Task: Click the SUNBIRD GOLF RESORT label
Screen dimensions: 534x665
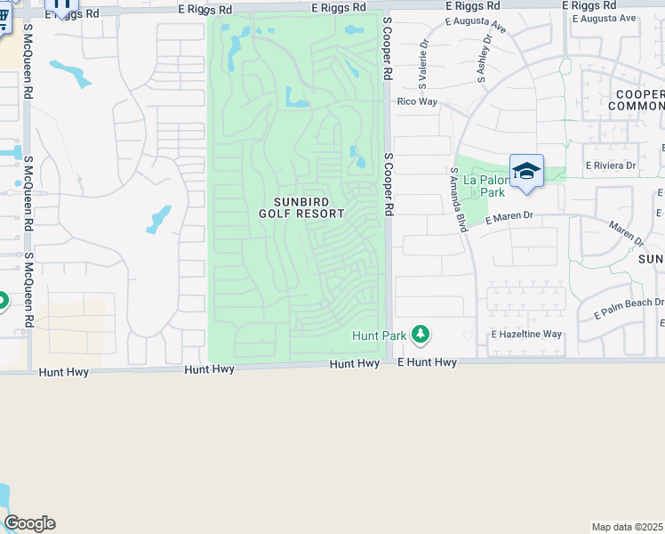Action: click(301, 207)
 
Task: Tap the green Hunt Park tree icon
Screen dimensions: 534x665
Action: click(420, 336)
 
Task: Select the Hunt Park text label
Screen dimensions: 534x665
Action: click(379, 336)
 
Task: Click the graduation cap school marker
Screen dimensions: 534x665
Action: click(526, 171)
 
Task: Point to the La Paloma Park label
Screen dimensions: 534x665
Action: click(485, 185)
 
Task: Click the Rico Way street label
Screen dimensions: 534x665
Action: click(417, 102)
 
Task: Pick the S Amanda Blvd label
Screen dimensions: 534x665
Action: click(460, 200)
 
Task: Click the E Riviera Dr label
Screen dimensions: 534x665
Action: click(610, 166)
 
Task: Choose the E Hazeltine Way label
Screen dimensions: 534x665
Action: click(526, 335)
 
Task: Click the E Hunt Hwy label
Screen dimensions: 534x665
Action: click(427, 362)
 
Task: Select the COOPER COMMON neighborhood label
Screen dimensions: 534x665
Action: click(637, 100)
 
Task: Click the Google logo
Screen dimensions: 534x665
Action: click(29, 523)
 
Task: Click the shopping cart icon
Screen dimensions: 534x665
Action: click(4, 18)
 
